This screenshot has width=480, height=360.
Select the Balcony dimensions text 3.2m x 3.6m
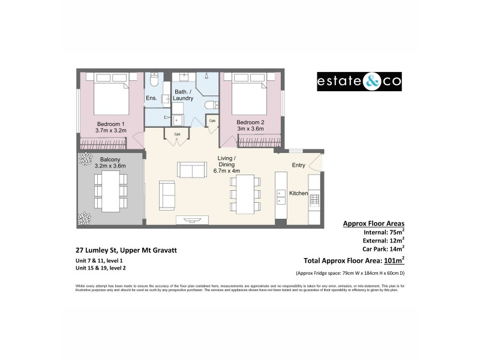(x=110, y=166)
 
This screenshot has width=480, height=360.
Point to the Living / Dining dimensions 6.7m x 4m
(x=226, y=170)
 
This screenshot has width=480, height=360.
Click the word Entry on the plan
(x=298, y=165)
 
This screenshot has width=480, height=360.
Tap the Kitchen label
(x=298, y=193)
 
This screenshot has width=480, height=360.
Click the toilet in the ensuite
(x=154, y=80)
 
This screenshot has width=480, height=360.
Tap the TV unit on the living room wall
(x=193, y=220)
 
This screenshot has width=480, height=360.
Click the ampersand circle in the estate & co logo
(x=370, y=82)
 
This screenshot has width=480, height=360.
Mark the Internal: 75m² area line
(x=383, y=233)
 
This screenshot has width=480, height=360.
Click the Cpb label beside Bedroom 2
(x=213, y=121)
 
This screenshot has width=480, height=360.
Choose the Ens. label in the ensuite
(x=151, y=97)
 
